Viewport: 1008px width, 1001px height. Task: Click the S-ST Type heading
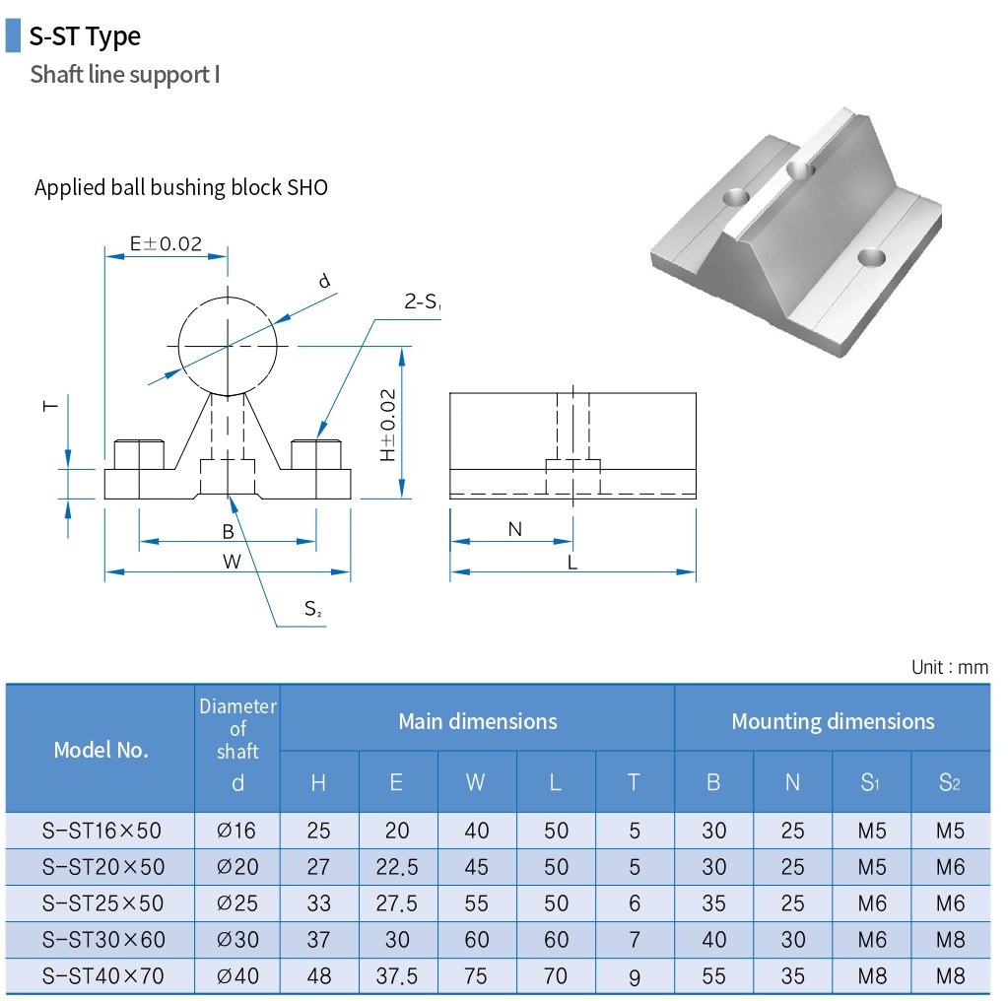click(85, 36)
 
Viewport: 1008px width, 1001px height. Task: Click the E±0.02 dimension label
click(166, 243)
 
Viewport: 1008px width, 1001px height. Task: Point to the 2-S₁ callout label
click(423, 302)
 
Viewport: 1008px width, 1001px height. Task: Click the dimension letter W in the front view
click(231, 562)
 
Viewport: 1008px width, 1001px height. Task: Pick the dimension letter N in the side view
click(514, 530)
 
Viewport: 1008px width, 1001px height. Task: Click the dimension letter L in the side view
click(572, 563)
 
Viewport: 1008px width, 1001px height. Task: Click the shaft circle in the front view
click(229, 346)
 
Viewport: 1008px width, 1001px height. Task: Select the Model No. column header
click(101, 750)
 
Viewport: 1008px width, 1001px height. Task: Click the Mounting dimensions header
click(832, 721)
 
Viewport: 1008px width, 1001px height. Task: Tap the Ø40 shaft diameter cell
click(236, 976)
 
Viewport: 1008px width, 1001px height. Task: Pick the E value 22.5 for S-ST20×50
click(397, 867)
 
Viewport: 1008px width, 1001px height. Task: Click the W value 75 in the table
click(477, 976)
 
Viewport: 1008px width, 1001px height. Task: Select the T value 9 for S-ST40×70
click(634, 977)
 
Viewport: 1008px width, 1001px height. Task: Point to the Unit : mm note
click(949, 667)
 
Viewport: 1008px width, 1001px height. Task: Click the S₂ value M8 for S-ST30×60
click(950, 940)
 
